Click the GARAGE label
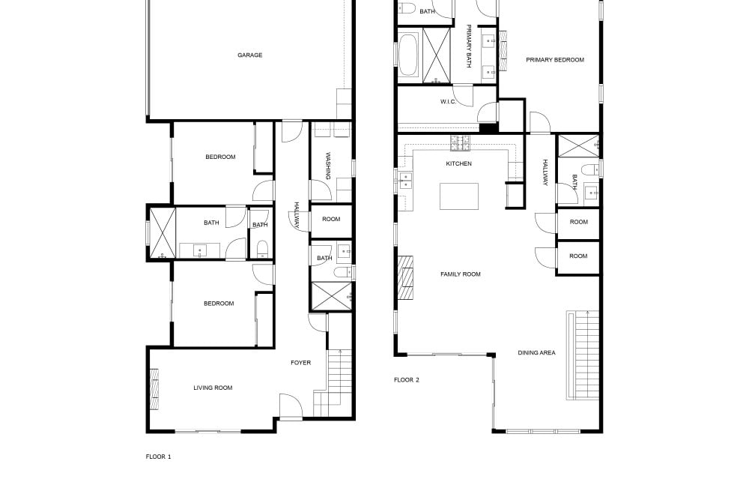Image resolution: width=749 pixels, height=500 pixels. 250,55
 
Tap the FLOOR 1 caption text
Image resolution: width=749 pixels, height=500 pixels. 158,457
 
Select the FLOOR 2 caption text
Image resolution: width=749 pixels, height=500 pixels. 407,380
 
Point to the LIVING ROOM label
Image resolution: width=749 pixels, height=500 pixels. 213,388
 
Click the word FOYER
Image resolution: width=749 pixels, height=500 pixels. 301,363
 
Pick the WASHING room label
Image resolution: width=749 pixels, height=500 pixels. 328,166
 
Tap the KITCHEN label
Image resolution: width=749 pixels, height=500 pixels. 458,163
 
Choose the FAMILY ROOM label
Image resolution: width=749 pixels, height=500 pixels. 461,274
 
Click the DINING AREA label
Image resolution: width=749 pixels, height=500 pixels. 536,353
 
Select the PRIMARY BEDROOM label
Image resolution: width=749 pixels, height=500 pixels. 555,60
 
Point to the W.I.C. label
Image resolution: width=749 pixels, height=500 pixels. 448,102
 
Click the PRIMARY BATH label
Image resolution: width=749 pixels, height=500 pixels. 469,46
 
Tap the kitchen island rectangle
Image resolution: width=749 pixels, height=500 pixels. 459,196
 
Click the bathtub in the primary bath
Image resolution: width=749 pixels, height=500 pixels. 408,55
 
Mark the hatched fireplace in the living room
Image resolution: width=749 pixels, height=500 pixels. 154,389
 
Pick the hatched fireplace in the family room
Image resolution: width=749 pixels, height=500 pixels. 405,277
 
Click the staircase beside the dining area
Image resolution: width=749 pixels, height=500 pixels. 583,355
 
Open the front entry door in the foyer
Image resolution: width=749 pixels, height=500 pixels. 291,407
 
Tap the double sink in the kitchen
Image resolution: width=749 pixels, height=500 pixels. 405,181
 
